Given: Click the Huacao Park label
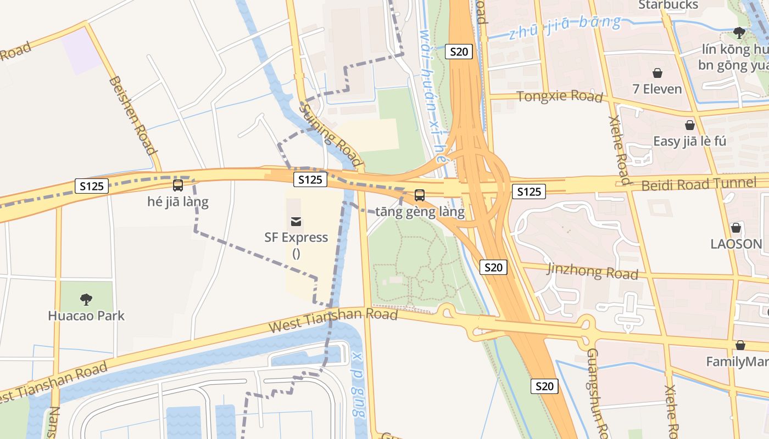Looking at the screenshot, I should pyautogui.click(x=86, y=316).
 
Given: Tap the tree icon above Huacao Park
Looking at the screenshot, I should pyautogui.click(x=86, y=299).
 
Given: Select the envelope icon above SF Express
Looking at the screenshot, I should pyautogui.click(x=296, y=221).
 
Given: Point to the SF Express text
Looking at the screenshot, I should pyautogui.click(x=296, y=238).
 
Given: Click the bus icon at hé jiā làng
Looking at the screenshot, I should pyautogui.click(x=178, y=185).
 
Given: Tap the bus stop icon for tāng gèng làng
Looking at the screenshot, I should pyautogui.click(x=420, y=195).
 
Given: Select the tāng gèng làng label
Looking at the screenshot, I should pyautogui.click(x=420, y=211).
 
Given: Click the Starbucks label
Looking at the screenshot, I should pyautogui.click(x=668, y=5).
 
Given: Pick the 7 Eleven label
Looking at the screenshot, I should pyautogui.click(x=657, y=89).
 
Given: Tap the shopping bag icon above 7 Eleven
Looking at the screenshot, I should pyautogui.click(x=657, y=73).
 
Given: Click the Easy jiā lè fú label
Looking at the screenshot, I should pyautogui.click(x=689, y=141).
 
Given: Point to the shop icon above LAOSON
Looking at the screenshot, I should pyautogui.click(x=736, y=228).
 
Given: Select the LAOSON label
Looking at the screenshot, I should pyautogui.click(x=736, y=244).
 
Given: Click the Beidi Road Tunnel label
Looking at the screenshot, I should pyautogui.click(x=699, y=184).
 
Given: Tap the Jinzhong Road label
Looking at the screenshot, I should pyautogui.click(x=593, y=271).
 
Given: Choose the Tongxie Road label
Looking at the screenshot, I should pyautogui.click(x=560, y=96).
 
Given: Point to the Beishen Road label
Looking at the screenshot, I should pyautogui.click(x=133, y=115).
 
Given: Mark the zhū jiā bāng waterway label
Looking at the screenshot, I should pyautogui.click(x=565, y=27).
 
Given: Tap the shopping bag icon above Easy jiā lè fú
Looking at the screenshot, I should pyautogui.click(x=690, y=125).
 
